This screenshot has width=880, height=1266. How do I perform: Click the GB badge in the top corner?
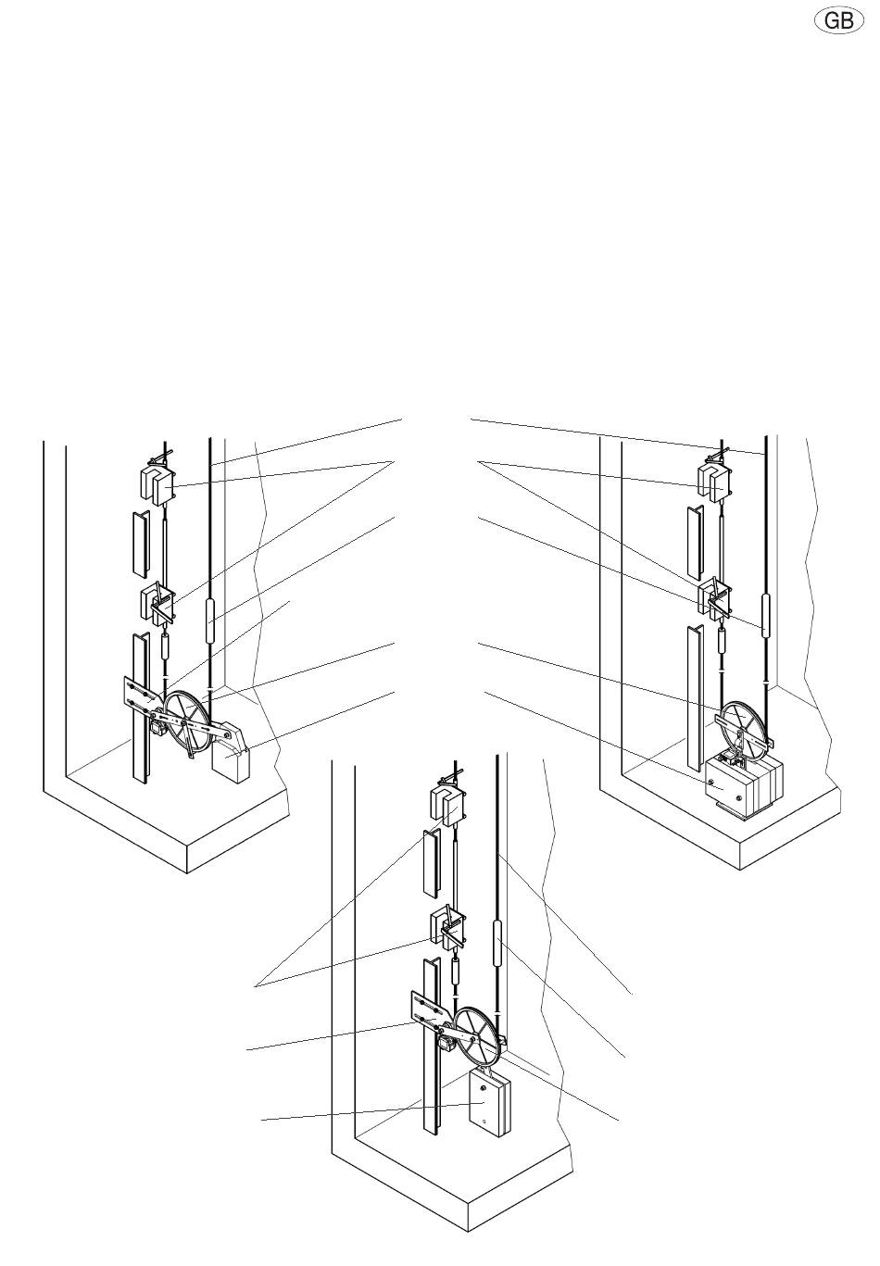tap(838, 21)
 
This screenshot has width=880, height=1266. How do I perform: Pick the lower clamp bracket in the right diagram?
tap(715, 599)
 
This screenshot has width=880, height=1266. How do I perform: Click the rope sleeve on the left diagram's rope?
tap(209, 621)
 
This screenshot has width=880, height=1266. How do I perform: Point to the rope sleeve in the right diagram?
tap(765, 616)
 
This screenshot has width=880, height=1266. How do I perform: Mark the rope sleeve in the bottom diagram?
tap(497, 944)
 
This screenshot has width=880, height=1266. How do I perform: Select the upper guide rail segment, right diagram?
tap(694, 539)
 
